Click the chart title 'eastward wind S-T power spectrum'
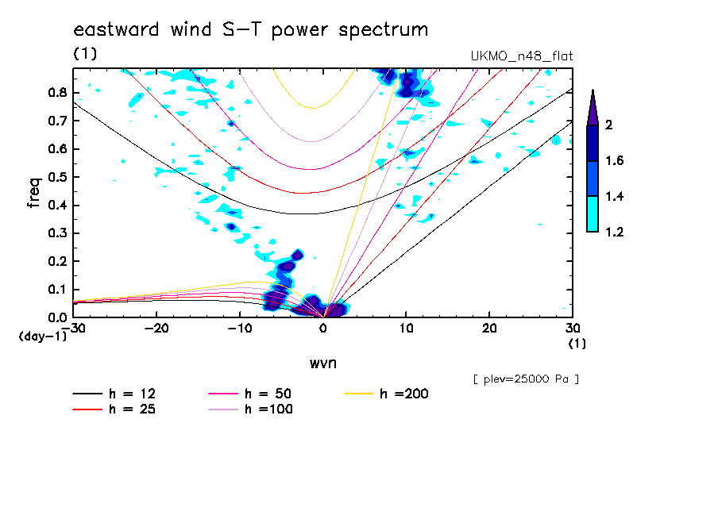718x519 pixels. pos(251,30)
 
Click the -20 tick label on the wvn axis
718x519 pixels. pos(156,328)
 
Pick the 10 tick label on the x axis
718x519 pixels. pos(406,328)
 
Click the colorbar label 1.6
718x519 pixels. pos(614,161)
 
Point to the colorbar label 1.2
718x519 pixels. pos(614,233)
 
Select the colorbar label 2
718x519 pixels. pos(608,125)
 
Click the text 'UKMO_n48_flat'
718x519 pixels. pos(522,56)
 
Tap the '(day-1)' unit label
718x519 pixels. pos(42,336)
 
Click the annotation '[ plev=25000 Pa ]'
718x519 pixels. pos(525,379)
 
